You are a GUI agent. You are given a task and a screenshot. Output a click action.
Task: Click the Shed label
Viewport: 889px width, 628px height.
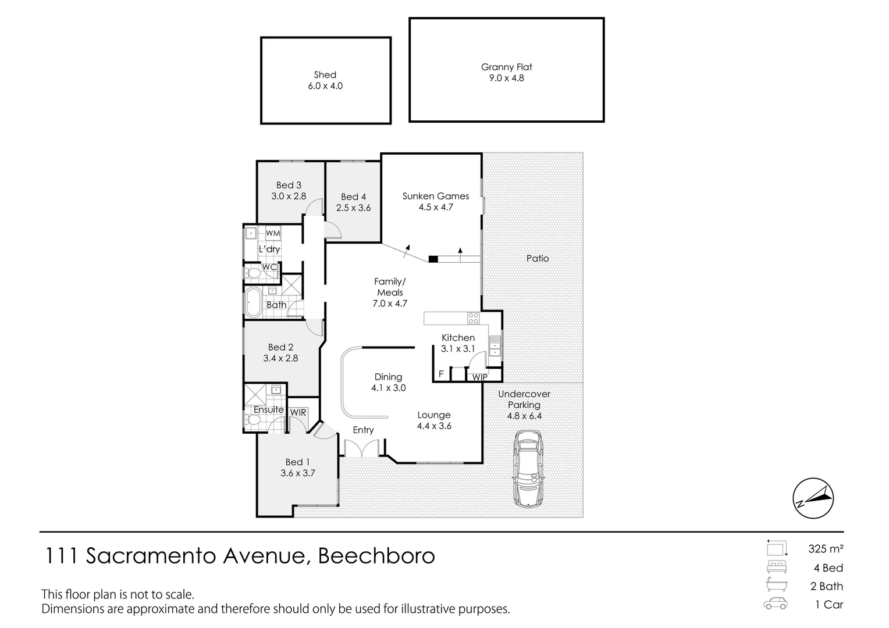pyautogui.click(x=325, y=74)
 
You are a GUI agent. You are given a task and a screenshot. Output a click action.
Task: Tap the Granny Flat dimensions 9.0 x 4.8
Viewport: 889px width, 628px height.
pyautogui.click(x=507, y=78)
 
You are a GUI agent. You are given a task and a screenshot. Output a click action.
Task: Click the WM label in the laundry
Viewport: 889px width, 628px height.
pyautogui.click(x=273, y=233)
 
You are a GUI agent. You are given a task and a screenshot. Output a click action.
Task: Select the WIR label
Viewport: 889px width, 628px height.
pyautogui.click(x=298, y=412)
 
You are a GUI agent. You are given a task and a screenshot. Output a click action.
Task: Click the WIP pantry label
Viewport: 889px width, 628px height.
pyautogui.click(x=479, y=377)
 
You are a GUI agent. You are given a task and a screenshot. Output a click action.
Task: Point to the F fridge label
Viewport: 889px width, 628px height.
pyautogui.click(x=441, y=374)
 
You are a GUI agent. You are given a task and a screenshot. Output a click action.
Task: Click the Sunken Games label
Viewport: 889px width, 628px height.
pyautogui.click(x=436, y=196)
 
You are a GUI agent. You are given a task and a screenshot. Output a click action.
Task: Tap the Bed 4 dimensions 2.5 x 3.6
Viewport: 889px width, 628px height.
pyautogui.click(x=354, y=208)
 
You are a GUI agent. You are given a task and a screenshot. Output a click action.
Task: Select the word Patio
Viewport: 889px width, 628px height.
pyautogui.click(x=538, y=258)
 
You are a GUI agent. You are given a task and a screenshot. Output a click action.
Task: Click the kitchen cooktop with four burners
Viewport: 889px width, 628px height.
pyautogui.click(x=474, y=318)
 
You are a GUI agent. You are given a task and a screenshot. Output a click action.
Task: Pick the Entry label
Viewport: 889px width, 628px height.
pyautogui.click(x=363, y=430)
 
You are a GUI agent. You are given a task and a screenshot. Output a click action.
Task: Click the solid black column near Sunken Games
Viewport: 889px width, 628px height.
pyautogui.click(x=433, y=259)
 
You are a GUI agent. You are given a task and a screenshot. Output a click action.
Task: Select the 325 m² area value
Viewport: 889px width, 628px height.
pyautogui.click(x=826, y=548)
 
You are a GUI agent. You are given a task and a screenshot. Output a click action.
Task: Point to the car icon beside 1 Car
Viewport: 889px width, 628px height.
pyautogui.click(x=776, y=604)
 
